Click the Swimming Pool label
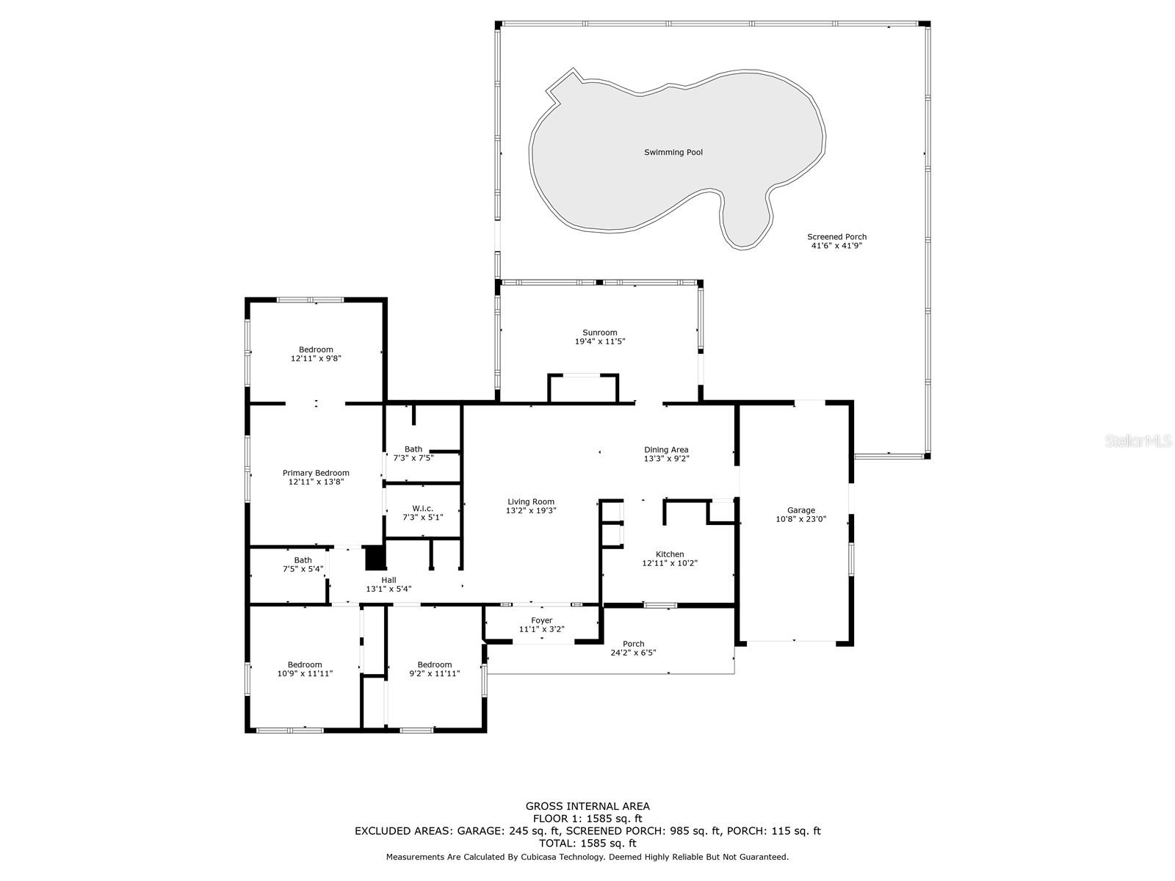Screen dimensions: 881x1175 [x=673, y=153]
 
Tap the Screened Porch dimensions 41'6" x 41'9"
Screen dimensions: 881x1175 [x=836, y=246]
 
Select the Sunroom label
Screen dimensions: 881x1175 [x=600, y=333]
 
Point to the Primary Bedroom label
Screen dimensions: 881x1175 [x=316, y=473]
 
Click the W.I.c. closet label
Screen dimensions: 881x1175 [x=422, y=508]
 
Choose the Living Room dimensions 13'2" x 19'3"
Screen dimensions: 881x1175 [x=531, y=510]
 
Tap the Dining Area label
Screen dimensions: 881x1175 [x=666, y=449]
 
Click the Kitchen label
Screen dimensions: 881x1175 [x=670, y=554]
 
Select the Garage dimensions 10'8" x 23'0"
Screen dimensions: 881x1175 [x=801, y=519]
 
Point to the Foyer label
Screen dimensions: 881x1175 [x=542, y=620]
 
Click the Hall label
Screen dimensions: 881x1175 [x=388, y=580]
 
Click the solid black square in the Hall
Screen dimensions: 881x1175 [x=375, y=558]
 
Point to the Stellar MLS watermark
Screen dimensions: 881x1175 [x=1141, y=441]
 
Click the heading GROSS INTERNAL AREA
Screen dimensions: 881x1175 [x=587, y=806]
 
